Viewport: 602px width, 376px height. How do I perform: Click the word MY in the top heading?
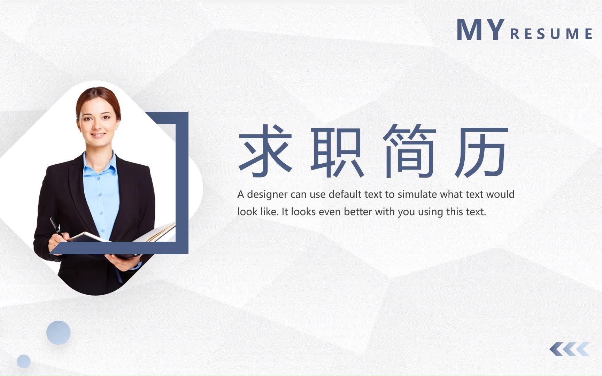click(480, 30)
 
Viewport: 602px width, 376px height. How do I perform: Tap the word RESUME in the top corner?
click(551, 34)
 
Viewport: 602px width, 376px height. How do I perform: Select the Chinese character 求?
click(265, 150)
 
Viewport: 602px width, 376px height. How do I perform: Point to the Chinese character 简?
click(409, 150)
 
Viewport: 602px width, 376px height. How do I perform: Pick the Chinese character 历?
click(481, 152)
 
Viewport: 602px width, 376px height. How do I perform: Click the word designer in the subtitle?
click(267, 194)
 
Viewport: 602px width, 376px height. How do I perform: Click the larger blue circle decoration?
click(59, 332)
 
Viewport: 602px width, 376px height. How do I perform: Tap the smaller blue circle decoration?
click(24, 361)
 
